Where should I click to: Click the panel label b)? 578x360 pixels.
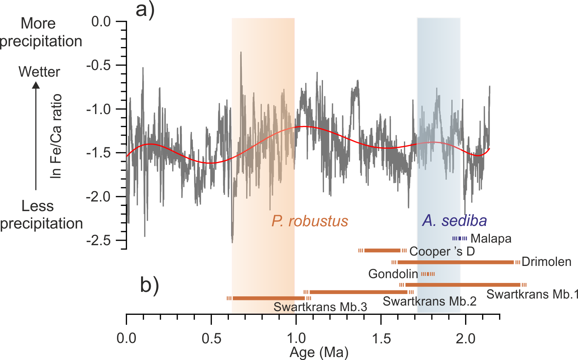coord(150,285)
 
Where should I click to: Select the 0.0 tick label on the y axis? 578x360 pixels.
coord(101,21)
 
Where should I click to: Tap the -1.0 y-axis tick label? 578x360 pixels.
coord(98,109)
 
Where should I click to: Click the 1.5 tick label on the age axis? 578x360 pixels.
coord(381,338)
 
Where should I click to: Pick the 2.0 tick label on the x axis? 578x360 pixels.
coord(465,338)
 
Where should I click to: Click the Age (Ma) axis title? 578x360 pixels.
coord(319,352)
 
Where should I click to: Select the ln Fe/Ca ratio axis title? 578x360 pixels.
coord(56,136)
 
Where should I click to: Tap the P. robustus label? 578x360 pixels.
coord(310,221)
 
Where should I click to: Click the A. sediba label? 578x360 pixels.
coord(454,221)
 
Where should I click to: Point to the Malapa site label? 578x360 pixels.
coord(491,239)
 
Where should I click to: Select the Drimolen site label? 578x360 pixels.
coord(547,262)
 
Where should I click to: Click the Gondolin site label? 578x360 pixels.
coord(393,274)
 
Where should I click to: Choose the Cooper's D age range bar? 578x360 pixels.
coord(382,251)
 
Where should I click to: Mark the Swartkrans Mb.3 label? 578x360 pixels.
coord(320,307)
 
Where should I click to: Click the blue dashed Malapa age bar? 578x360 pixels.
coord(460,239)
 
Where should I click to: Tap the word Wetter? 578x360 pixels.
coord(39,72)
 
